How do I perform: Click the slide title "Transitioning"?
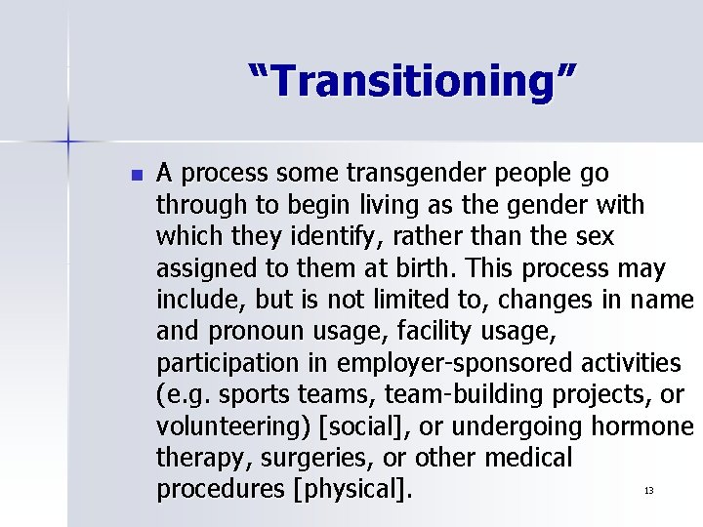pos(412,80)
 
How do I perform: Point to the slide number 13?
pos(647,490)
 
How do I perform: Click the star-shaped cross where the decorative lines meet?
pos(68,142)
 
